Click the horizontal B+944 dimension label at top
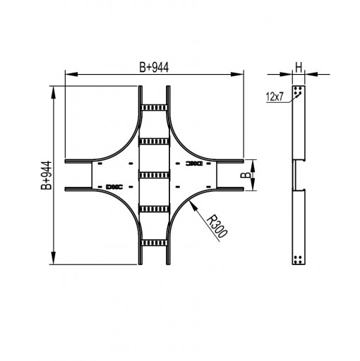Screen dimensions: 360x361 154,68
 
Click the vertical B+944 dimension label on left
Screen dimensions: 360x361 46,175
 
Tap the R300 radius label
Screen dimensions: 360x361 217,226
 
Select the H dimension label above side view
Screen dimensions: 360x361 299,68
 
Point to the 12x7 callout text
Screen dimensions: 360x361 275,97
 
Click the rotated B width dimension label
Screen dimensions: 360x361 246,175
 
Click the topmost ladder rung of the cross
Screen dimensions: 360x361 154,108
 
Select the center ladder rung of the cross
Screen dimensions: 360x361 154,175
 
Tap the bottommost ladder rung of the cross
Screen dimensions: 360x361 154,243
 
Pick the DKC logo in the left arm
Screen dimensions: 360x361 114,187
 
